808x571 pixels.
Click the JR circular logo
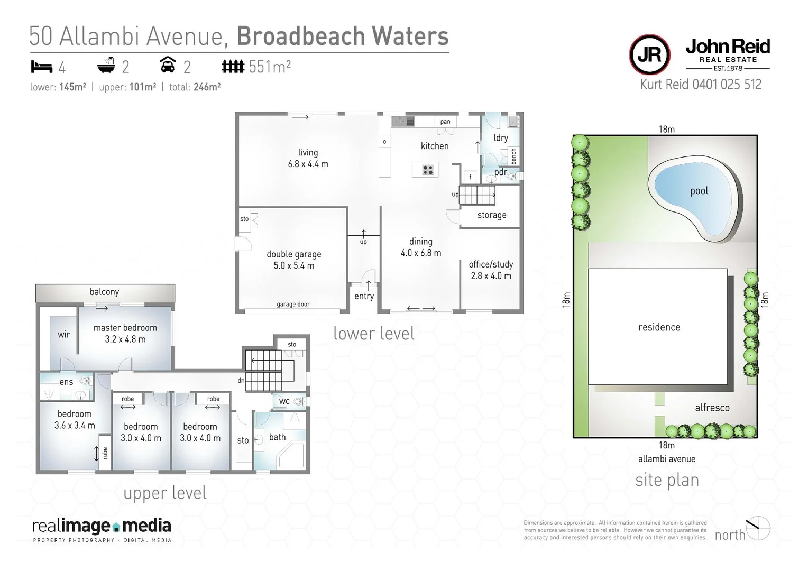point(649,55)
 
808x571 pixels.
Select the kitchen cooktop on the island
point(428,170)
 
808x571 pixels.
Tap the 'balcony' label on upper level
point(104,292)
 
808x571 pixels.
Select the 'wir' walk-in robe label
point(63,334)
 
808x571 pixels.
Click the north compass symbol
point(758,528)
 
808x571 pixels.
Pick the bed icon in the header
point(42,67)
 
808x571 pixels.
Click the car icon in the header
point(168,66)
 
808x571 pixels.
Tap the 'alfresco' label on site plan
point(712,408)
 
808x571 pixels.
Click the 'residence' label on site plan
point(659,327)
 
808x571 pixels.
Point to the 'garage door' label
point(293,304)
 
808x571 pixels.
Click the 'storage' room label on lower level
point(491,215)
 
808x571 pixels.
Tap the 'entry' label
point(364,296)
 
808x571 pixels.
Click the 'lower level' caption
point(373,334)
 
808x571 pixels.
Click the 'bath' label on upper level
point(277,437)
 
